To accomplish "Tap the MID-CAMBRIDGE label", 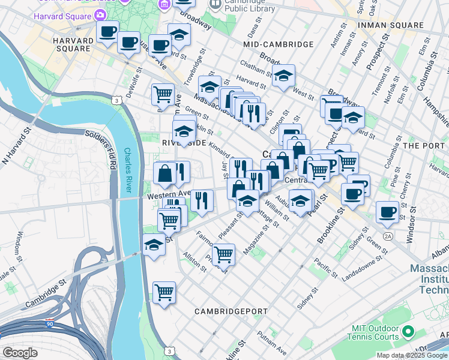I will pyautogui.click(x=279, y=44).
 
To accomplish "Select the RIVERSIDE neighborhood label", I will pyautogui.click(x=184, y=143).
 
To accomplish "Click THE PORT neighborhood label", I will pyautogui.click(x=425, y=146).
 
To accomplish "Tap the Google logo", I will pyautogui.click(x=20, y=353).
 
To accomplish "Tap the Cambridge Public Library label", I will pyautogui.click(x=242, y=7).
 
